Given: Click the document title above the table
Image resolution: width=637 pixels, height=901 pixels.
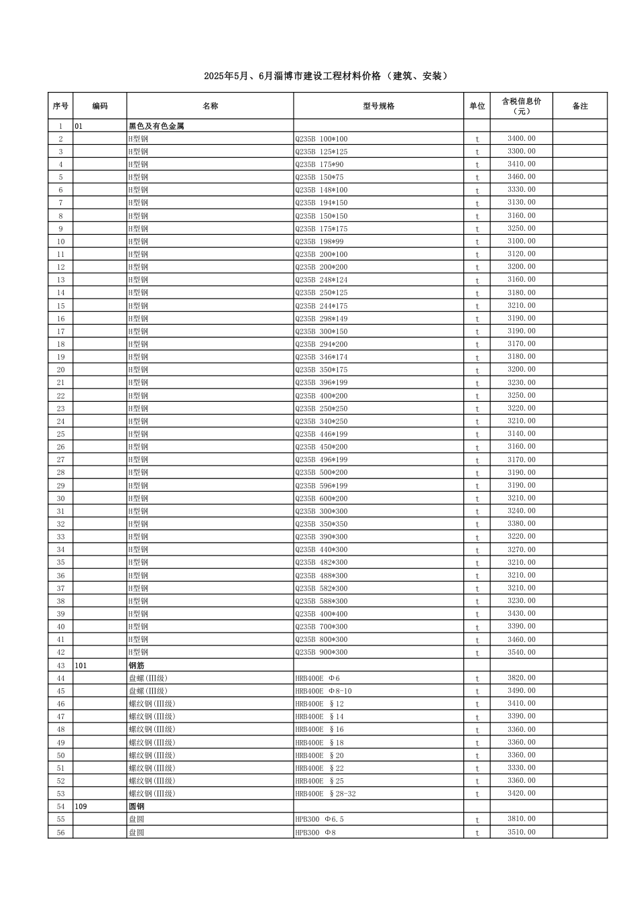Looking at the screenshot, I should click(326, 76).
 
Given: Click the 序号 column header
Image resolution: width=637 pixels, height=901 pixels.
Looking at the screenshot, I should click(60, 106).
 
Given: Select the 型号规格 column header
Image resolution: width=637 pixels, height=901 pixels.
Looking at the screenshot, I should click(378, 106).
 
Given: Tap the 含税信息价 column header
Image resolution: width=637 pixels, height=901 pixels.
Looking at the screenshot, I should click(521, 106).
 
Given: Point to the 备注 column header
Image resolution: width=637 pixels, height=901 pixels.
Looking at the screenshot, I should click(580, 106).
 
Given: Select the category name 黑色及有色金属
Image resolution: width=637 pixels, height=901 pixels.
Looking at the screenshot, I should click(156, 126).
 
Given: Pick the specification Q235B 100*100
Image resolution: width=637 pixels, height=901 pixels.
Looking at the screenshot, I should click(321, 139).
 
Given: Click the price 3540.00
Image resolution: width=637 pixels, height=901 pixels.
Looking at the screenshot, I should click(521, 652).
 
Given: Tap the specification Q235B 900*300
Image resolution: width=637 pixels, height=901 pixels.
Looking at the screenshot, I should click(321, 652).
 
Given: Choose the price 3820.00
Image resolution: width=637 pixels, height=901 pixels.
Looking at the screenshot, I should click(521, 678).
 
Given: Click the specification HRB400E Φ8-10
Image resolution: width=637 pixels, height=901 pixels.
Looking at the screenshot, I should click(323, 691).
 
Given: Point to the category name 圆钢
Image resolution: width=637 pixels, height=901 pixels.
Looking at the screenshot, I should click(136, 806).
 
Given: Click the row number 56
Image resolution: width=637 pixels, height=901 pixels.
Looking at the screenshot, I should click(60, 833).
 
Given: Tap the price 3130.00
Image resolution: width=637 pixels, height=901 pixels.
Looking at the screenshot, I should click(521, 203).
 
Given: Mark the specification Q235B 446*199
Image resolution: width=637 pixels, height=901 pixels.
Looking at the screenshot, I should click(321, 434).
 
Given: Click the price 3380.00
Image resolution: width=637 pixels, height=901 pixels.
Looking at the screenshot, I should click(521, 524).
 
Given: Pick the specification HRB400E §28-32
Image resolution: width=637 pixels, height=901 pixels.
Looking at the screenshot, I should click(325, 794).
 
